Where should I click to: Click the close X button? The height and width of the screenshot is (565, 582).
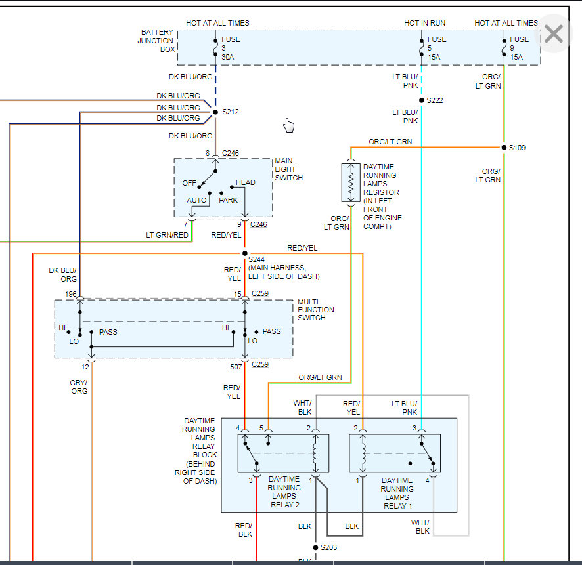coord(554,33)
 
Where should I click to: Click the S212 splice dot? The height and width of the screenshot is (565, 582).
coord(215,112)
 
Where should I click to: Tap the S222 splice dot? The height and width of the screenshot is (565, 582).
coord(421,100)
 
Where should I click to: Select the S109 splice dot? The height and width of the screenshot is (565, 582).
coord(504,148)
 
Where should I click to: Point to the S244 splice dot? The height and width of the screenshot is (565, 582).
coord(245,253)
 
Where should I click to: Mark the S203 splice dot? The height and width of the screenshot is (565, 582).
coord(315,547)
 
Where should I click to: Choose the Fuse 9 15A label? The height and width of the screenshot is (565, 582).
coord(519,48)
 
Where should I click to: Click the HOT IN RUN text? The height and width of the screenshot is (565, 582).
coord(424,23)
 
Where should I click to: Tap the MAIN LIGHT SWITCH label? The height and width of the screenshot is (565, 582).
coord(288,169)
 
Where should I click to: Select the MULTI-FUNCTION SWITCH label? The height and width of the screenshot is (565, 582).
coord(316,310)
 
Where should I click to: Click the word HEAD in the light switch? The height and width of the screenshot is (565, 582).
coord(246,182)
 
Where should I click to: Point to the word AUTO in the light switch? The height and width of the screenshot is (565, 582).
coord(196,200)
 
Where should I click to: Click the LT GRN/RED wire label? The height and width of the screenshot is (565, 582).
coord(168,234)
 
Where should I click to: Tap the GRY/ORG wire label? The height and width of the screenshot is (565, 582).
coord(79,387)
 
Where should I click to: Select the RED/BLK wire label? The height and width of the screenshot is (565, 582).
coord(244,530)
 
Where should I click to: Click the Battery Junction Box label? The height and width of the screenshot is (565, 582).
coord(156,41)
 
